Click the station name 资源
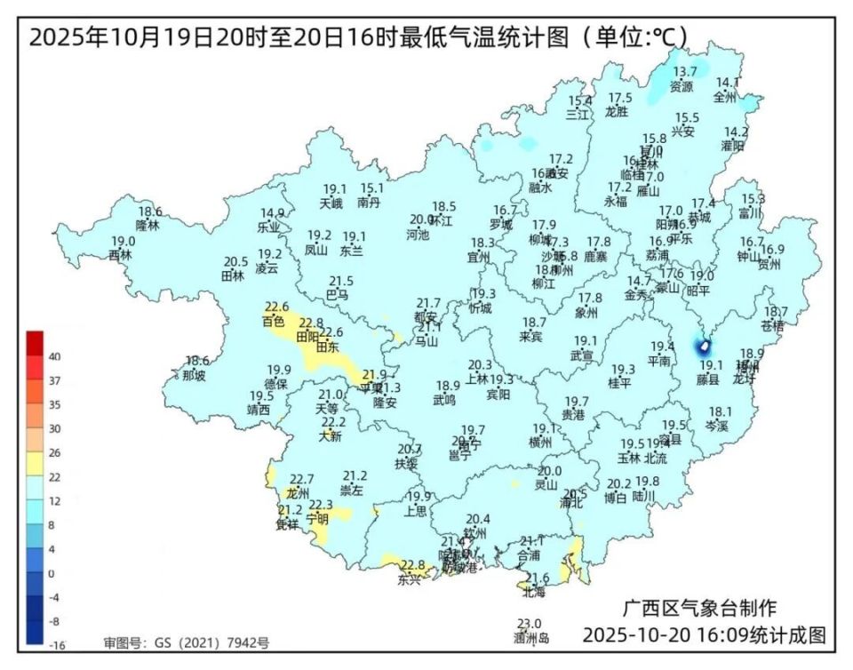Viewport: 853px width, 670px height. (682, 87)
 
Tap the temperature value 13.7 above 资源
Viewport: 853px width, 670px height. (684, 72)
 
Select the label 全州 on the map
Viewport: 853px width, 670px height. (725, 97)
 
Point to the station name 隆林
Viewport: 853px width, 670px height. (147, 226)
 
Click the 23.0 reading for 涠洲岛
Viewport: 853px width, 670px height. (530, 624)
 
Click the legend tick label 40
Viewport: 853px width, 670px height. (54, 356)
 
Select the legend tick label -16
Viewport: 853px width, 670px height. (54, 643)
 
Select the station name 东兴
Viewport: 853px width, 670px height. (410, 579)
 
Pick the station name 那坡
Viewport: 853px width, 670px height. (194, 375)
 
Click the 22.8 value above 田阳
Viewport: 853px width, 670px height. (311, 323)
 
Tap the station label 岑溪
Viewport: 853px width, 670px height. (717, 426)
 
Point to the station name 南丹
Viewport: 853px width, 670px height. (369, 203)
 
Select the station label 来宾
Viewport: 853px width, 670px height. (531, 337)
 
